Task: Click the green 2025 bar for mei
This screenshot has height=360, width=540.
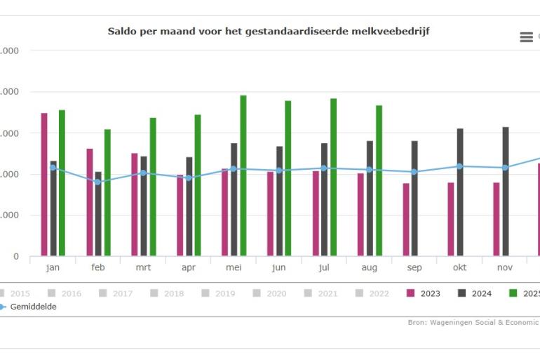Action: [243, 175]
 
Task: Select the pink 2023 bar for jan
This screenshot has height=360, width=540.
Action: [44, 184]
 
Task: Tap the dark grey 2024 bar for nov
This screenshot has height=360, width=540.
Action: [506, 191]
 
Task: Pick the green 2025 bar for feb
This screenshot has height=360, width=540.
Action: [107, 192]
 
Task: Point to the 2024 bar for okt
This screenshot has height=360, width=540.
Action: [460, 192]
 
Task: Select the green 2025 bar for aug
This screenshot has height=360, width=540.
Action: [379, 180]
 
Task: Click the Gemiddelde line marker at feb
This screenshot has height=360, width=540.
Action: [98, 182]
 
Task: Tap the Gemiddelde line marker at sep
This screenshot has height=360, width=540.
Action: [414, 172]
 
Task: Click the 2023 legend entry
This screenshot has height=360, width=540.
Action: [424, 293]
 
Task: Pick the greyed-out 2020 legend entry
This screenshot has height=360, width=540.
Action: [269, 293]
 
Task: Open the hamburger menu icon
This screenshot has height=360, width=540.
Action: [526, 37]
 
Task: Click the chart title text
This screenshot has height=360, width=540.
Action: [269, 32]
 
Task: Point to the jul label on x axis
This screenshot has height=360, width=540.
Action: [323, 267]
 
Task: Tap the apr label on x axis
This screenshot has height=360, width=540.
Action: [188, 267]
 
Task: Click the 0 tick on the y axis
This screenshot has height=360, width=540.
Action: [15, 257]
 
